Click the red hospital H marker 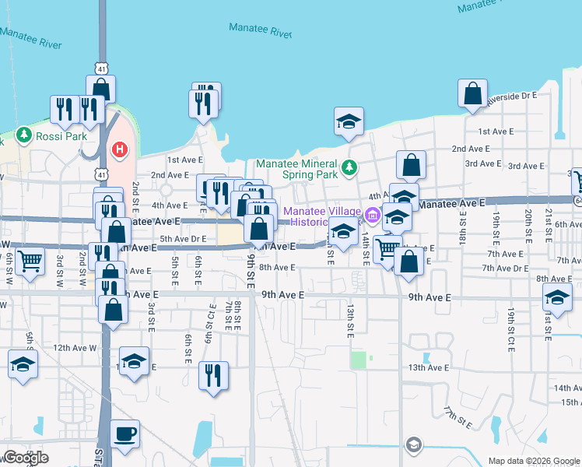[120, 149]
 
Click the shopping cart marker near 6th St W [30, 262]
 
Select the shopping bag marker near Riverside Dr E [472, 95]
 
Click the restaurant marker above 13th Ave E [209, 376]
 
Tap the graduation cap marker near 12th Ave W [23, 363]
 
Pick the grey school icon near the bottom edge [414, 445]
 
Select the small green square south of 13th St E [357, 360]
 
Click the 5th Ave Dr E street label [183, 239]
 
